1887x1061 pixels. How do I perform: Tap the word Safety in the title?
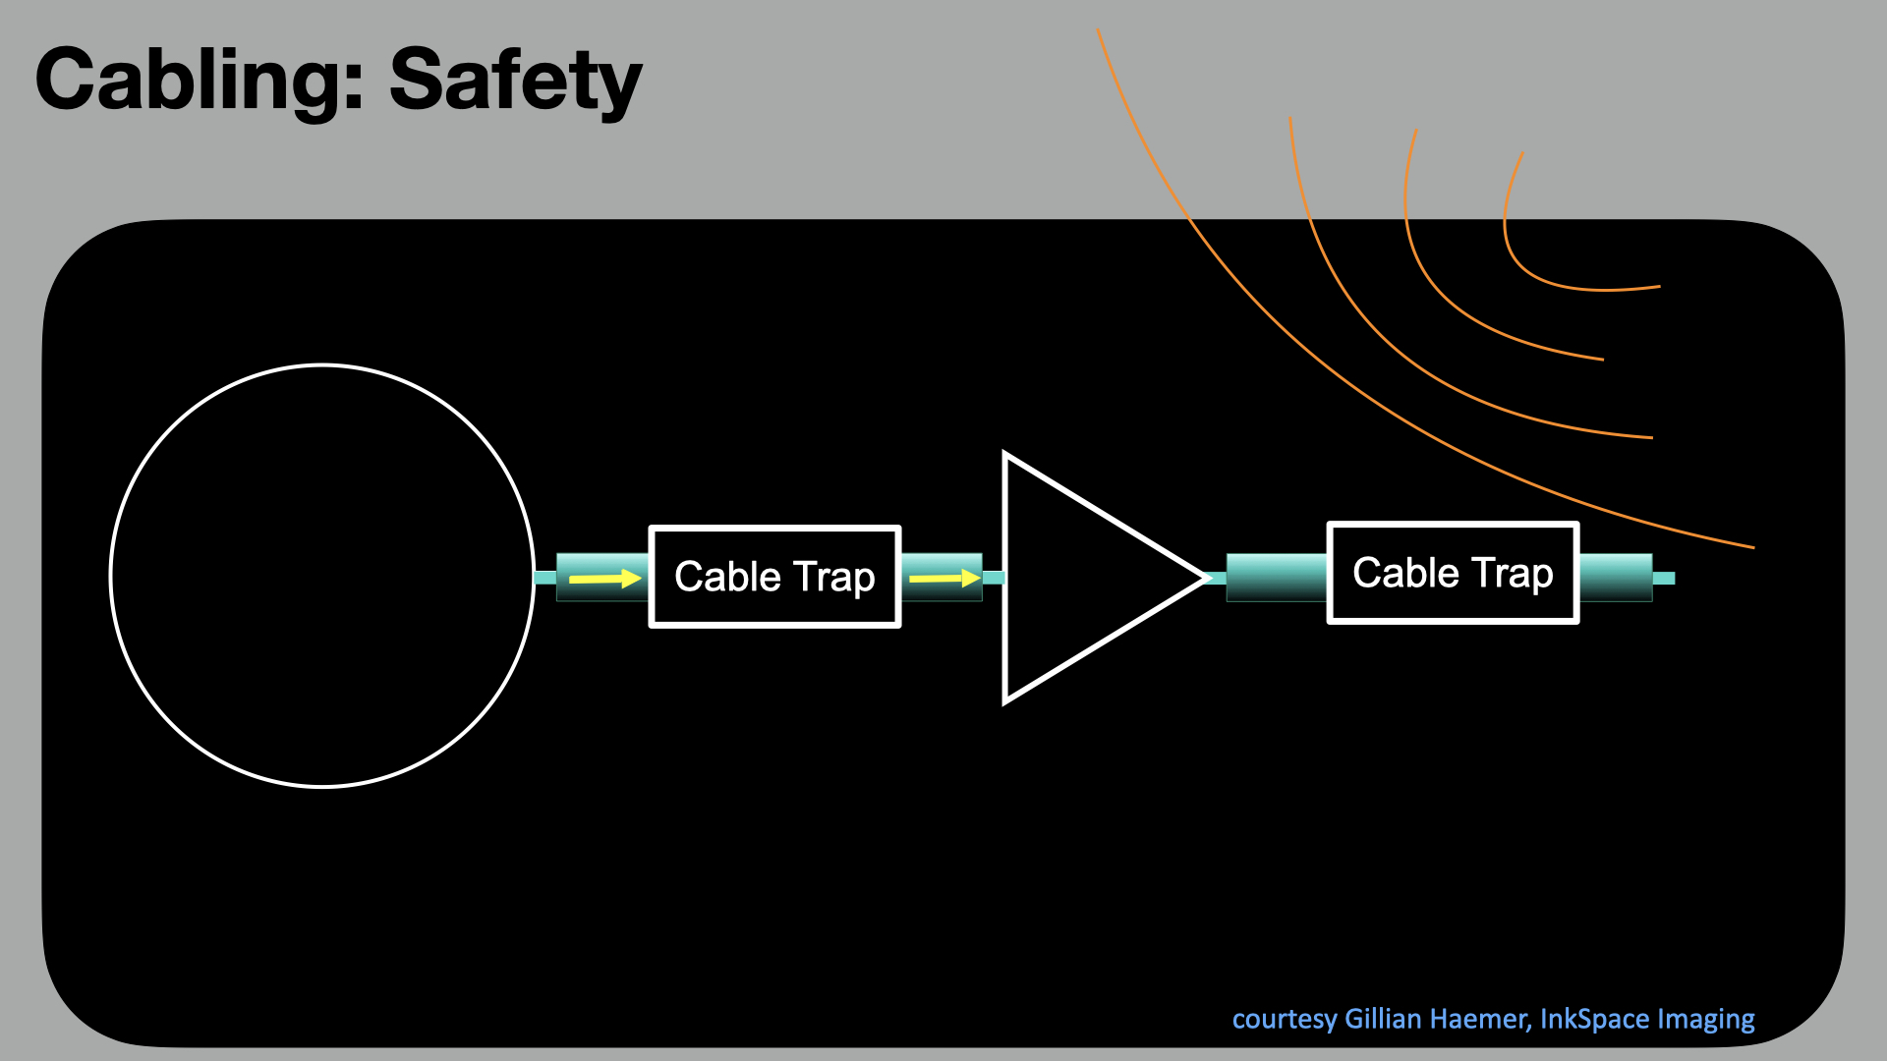pos(515,81)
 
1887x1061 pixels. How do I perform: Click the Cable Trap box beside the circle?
pos(774,577)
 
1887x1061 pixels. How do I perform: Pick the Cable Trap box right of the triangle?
pos(1453,573)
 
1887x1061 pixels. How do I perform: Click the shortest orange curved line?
pos(1533,274)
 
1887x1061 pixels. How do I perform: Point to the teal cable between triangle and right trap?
pos(1276,578)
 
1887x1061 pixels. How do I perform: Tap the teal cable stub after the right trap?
pos(1663,578)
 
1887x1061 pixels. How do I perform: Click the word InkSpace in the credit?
pos(1585,1019)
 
